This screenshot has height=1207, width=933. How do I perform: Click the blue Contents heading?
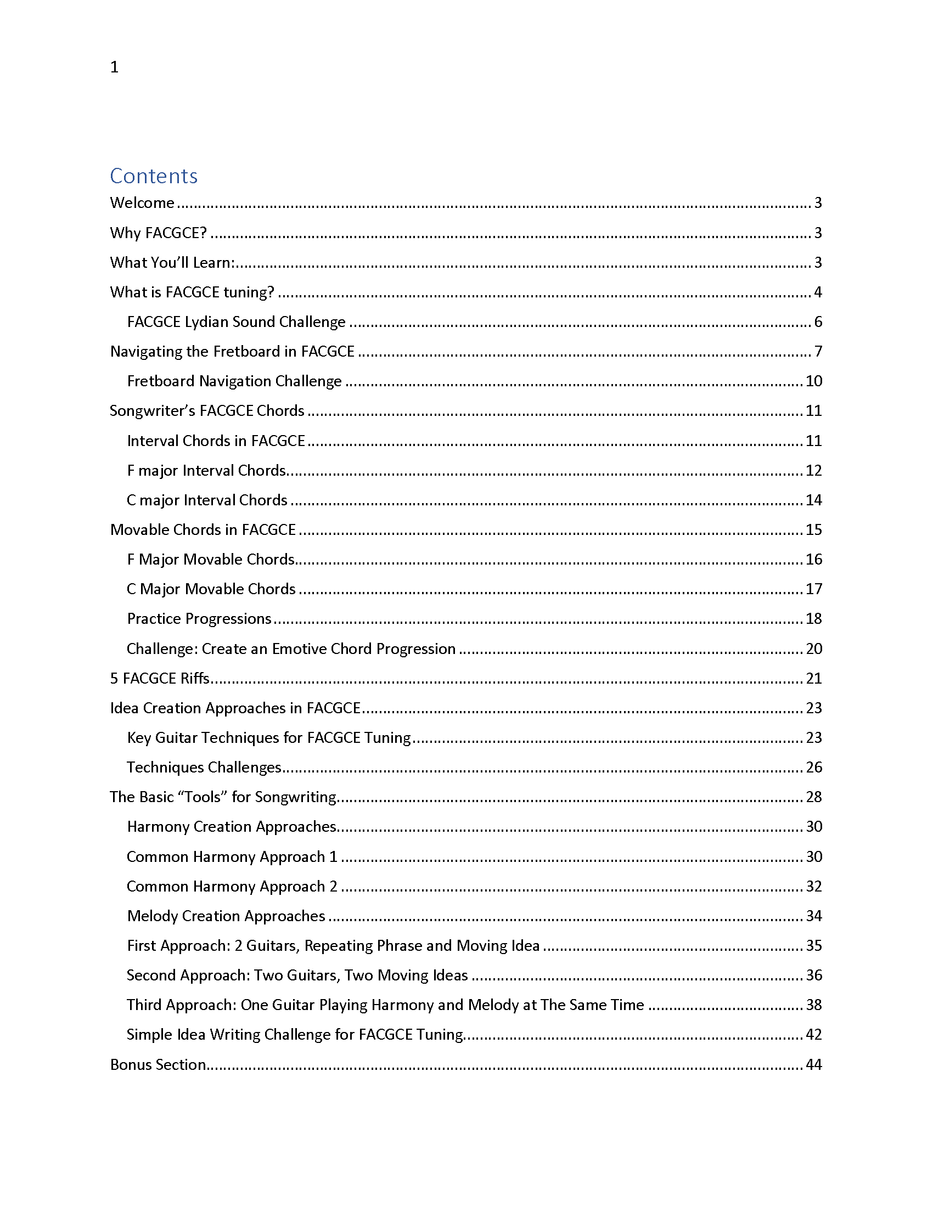(x=154, y=176)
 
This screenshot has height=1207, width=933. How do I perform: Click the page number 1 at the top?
(x=114, y=67)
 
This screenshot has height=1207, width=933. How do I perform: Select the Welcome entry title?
(x=142, y=203)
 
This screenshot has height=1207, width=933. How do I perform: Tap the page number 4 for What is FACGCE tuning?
(x=818, y=292)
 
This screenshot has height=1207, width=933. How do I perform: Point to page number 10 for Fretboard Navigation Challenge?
(x=813, y=381)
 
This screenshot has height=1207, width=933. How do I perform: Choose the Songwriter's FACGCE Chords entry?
(x=207, y=410)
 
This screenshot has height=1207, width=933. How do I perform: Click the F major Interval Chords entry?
(x=206, y=470)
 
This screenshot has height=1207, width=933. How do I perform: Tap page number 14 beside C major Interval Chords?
(x=813, y=500)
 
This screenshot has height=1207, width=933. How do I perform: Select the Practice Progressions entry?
(x=199, y=618)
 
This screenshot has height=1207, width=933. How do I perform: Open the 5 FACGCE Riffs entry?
(x=160, y=678)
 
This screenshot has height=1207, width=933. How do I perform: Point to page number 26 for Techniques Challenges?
(x=813, y=767)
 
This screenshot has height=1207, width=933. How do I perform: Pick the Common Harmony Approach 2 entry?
(x=232, y=887)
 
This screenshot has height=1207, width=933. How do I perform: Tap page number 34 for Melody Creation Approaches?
(x=813, y=916)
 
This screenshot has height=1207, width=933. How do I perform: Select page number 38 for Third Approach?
(x=813, y=1005)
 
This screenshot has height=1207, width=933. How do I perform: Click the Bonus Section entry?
(x=158, y=1064)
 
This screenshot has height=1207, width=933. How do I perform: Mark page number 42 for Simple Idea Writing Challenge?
(x=813, y=1035)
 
